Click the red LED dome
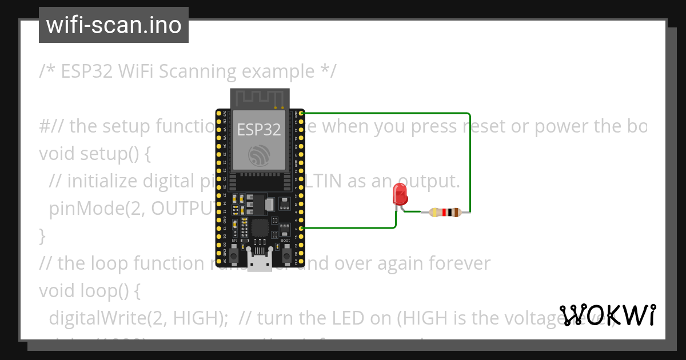pyautogui.click(x=400, y=194)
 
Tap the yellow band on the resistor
pyautogui.click(x=434, y=213)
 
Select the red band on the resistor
pyautogui.click(x=444, y=213)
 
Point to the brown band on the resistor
pyautogui.click(x=457, y=213)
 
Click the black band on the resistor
pyautogui.click(x=450, y=213)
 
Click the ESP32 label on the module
pyautogui.click(x=259, y=130)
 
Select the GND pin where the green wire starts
pyautogui.click(x=301, y=113)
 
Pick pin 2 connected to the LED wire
pyautogui.click(x=301, y=228)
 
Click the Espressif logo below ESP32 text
pyautogui.click(x=260, y=155)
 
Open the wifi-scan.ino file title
pyautogui.click(x=114, y=25)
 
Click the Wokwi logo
pyautogui.click(x=608, y=315)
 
